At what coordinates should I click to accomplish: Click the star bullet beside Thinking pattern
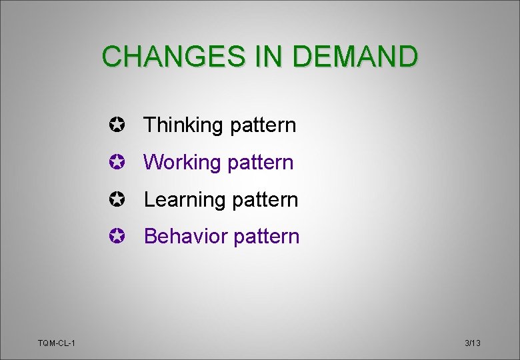pyautogui.click(x=117, y=125)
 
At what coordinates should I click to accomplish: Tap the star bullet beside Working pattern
pyautogui.click(x=117, y=162)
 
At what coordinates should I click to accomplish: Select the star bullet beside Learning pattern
pyautogui.click(x=117, y=199)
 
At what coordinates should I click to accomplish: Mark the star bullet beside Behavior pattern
pyautogui.click(x=117, y=237)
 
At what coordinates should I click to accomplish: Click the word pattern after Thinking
pyautogui.click(x=263, y=125)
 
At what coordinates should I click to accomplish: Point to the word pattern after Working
pyautogui.click(x=260, y=163)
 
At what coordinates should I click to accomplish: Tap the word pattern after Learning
pyautogui.click(x=265, y=200)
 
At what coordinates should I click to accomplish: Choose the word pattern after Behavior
pyautogui.click(x=266, y=237)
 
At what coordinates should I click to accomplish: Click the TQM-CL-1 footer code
pyautogui.click(x=57, y=343)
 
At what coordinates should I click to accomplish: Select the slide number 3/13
pyautogui.click(x=473, y=343)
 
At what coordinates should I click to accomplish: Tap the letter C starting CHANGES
pyautogui.click(x=113, y=57)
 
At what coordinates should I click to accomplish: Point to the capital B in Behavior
pyautogui.click(x=150, y=237)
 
